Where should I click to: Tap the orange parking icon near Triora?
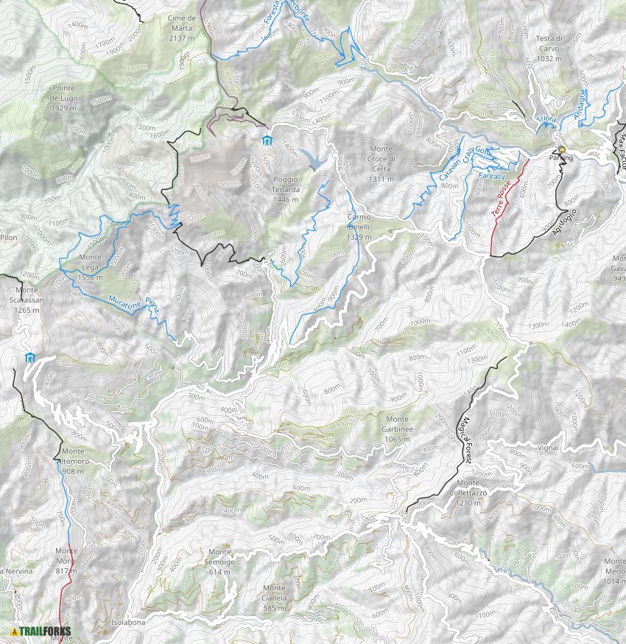tap(561, 149)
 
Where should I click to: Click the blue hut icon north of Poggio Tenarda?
tap(267, 141)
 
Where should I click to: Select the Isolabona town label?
tap(127, 622)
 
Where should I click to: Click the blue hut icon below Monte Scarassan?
tap(29, 358)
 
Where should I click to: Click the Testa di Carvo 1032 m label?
tap(549, 48)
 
